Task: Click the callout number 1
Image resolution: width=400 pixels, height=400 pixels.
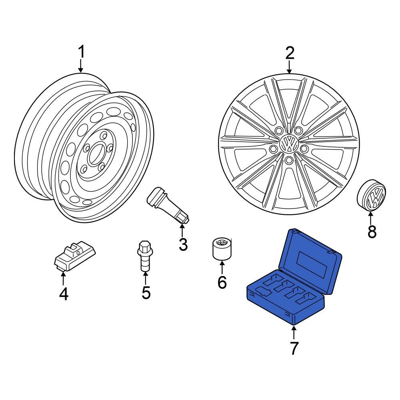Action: coord(81,52)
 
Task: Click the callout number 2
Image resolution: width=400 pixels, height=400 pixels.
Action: coord(289,53)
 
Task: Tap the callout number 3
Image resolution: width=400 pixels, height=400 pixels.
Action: coord(183,244)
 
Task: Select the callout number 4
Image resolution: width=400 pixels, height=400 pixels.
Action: coord(63,294)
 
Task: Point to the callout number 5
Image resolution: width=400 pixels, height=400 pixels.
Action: coord(146,293)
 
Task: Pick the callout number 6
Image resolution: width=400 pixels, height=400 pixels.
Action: coord(222,282)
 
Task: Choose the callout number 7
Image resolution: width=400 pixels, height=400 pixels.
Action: coord(294,348)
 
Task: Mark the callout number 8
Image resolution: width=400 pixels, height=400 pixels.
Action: coord(372,231)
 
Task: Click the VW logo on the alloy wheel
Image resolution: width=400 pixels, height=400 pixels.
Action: coord(288,143)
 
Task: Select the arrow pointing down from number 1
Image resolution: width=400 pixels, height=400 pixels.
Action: coord(81,66)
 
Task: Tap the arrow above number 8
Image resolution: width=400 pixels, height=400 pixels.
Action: coord(371,218)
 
